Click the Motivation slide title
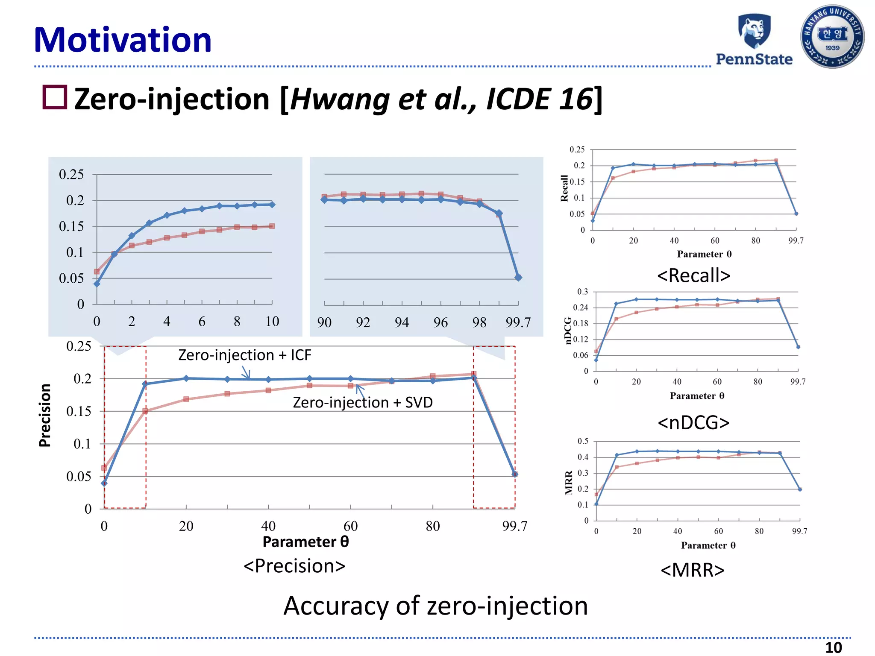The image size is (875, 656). (123, 40)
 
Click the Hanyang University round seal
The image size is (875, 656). (832, 37)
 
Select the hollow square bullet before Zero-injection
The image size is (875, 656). (55, 97)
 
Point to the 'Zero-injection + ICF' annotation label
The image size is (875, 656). (244, 355)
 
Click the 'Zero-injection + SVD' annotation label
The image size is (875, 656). (363, 402)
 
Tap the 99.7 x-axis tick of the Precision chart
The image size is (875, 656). (514, 526)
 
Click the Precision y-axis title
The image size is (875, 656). (45, 415)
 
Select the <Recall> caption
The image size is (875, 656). (693, 275)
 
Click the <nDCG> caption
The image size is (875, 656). (693, 423)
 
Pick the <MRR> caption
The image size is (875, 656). (693, 570)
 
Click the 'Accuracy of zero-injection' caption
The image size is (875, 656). (435, 606)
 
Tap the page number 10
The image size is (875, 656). (833, 647)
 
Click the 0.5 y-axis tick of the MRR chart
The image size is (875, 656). (583, 441)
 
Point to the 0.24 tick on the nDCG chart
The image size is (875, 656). (580, 307)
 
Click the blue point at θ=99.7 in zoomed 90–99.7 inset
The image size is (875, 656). (518, 278)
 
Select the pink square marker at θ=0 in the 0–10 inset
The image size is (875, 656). (97, 272)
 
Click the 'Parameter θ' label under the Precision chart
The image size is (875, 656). (305, 542)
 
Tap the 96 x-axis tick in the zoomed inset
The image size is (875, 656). (440, 322)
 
